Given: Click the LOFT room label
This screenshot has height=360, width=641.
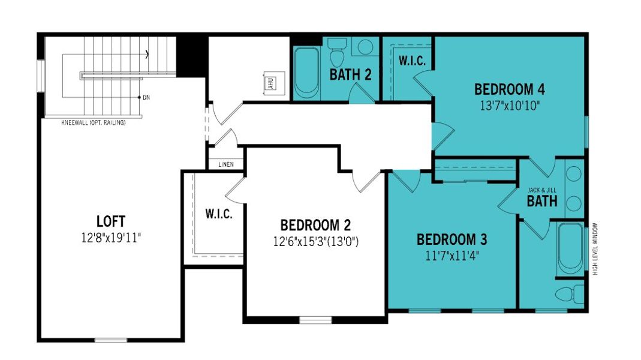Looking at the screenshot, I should click(x=111, y=221).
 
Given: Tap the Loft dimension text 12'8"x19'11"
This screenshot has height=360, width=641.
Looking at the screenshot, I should click(x=111, y=237).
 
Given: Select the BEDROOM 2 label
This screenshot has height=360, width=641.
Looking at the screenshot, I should click(x=315, y=226).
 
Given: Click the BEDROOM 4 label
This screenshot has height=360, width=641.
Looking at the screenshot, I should click(x=509, y=90).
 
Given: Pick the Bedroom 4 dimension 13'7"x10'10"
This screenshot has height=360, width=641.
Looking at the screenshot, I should click(x=509, y=106).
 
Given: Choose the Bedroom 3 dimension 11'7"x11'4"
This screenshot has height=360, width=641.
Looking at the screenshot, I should click(x=452, y=256).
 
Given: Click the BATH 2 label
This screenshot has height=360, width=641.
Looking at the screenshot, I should click(x=350, y=75).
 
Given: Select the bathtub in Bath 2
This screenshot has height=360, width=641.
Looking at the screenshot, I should click(x=307, y=73).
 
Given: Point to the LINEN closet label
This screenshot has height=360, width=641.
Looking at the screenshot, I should click(x=225, y=164).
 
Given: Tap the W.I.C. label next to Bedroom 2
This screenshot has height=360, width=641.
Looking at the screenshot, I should click(x=218, y=214).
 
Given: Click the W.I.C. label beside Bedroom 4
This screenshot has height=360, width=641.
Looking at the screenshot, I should click(x=412, y=61).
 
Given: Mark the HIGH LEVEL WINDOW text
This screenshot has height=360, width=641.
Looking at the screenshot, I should click(x=595, y=248).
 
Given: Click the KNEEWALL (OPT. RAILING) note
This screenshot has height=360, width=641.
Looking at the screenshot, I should click(x=94, y=123).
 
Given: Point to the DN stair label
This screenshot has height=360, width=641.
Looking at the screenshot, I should click(x=146, y=97).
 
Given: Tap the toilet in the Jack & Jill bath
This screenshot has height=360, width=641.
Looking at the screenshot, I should click(x=570, y=294).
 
